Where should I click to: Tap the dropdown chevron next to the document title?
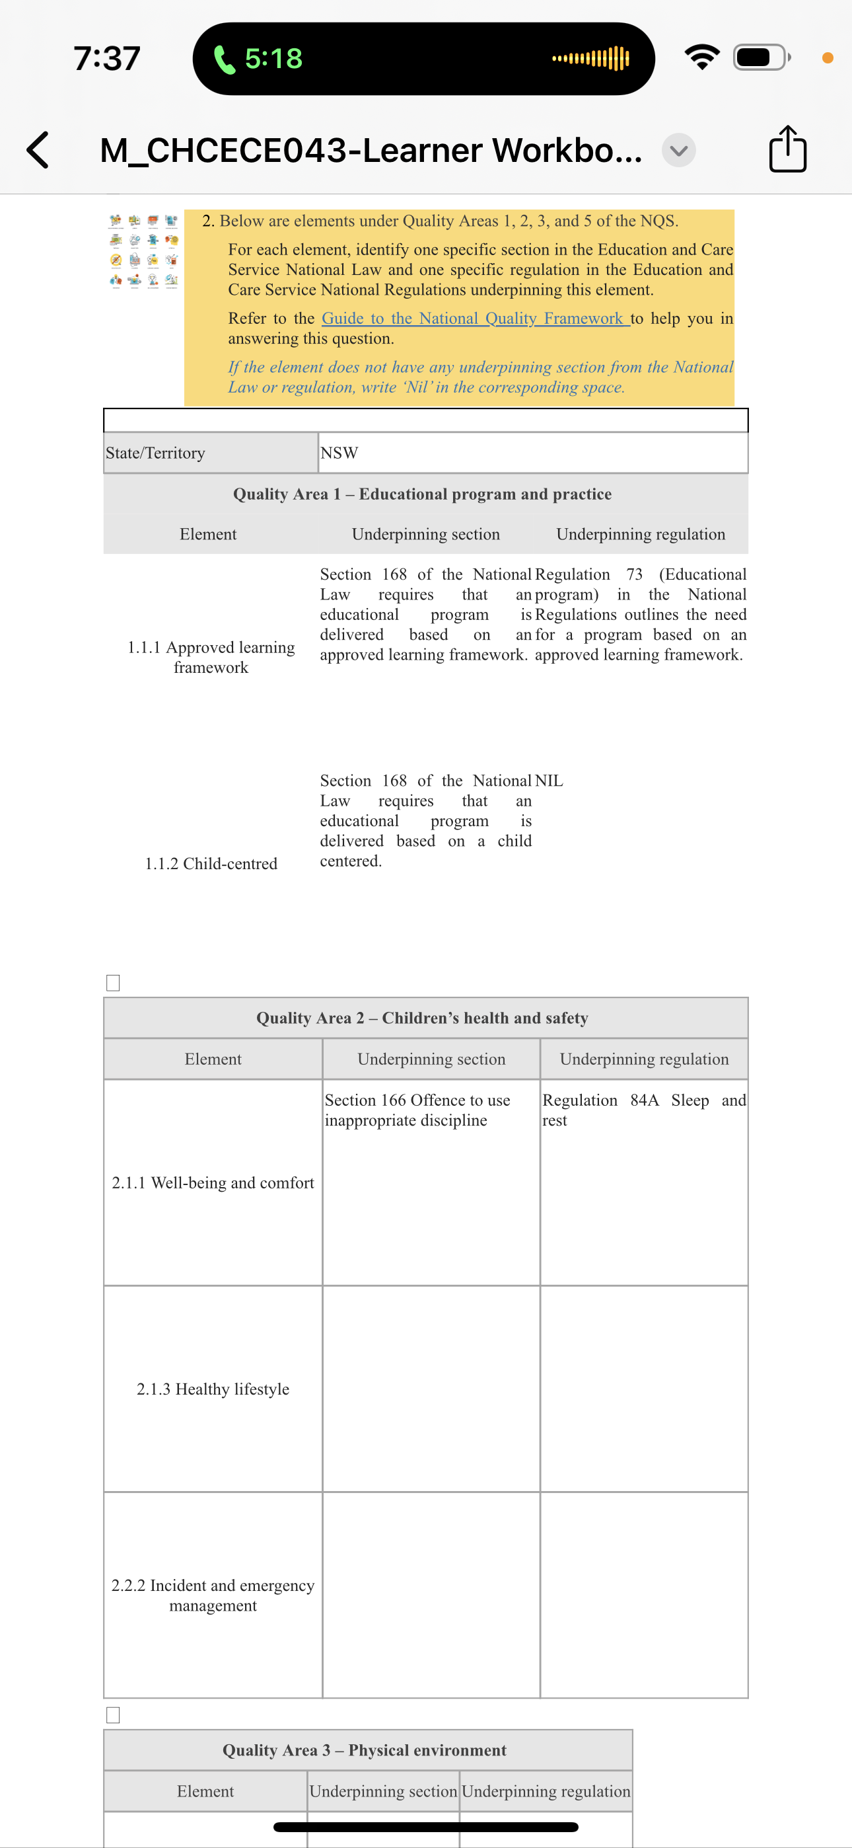[x=678, y=150]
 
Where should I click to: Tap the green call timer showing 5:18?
[x=260, y=59]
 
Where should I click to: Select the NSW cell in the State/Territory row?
[x=532, y=453]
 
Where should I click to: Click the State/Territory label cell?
[x=211, y=453]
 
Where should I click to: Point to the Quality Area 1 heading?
[x=423, y=494]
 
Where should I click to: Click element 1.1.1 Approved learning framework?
[x=211, y=657]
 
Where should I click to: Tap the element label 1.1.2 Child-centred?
[x=211, y=864]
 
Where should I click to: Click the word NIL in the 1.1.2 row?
[x=549, y=781]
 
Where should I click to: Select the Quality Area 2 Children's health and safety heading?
[x=423, y=1018]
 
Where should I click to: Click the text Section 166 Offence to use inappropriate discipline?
[x=417, y=1110]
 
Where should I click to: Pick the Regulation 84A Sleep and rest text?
[x=643, y=1110]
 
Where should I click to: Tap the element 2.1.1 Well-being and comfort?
[x=213, y=1183]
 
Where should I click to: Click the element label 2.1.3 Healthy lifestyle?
[x=213, y=1389]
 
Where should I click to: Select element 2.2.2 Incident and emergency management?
[x=213, y=1596]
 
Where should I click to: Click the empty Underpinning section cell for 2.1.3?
[x=431, y=1389]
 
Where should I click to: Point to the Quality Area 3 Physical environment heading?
[x=365, y=1750]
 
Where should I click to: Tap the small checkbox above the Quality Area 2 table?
[x=112, y=983]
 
